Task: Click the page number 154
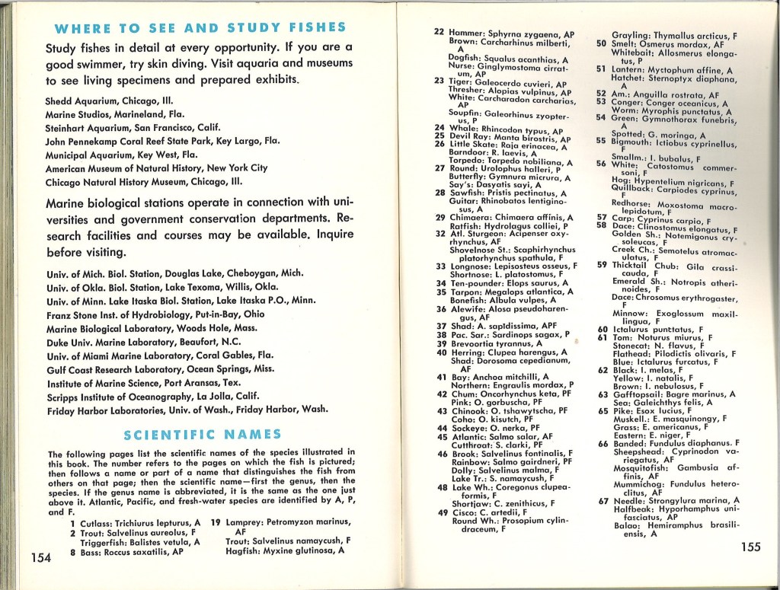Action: pyautogui.click(x=40, y=557)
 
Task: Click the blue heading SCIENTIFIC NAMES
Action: pyautogui.click(x=202, y=435)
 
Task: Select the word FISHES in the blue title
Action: pyautogui.click(x=310, y=28)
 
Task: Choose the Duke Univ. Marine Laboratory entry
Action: pyautogui.click(x=153, y=341)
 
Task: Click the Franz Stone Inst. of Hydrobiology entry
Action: pyautogui.click(x=155, y=313)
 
